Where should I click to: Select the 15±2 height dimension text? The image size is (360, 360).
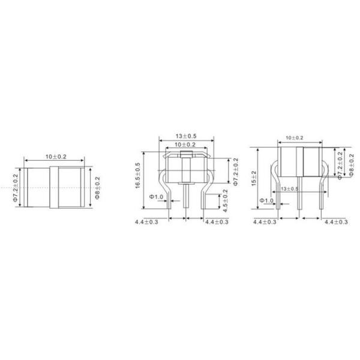click(254, 178)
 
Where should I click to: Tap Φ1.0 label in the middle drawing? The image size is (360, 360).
click(157, 197)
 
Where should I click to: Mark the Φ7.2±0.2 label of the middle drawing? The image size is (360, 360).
click(235, 172)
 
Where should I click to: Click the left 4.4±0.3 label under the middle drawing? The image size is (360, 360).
click(148, 222)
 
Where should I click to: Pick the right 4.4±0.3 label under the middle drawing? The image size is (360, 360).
click(217, 222)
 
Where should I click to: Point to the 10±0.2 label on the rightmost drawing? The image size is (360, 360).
click(294, 137)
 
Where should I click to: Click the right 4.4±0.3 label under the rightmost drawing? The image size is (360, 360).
click(336, 222)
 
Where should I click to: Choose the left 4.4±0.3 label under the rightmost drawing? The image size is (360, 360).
click(265, 222)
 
